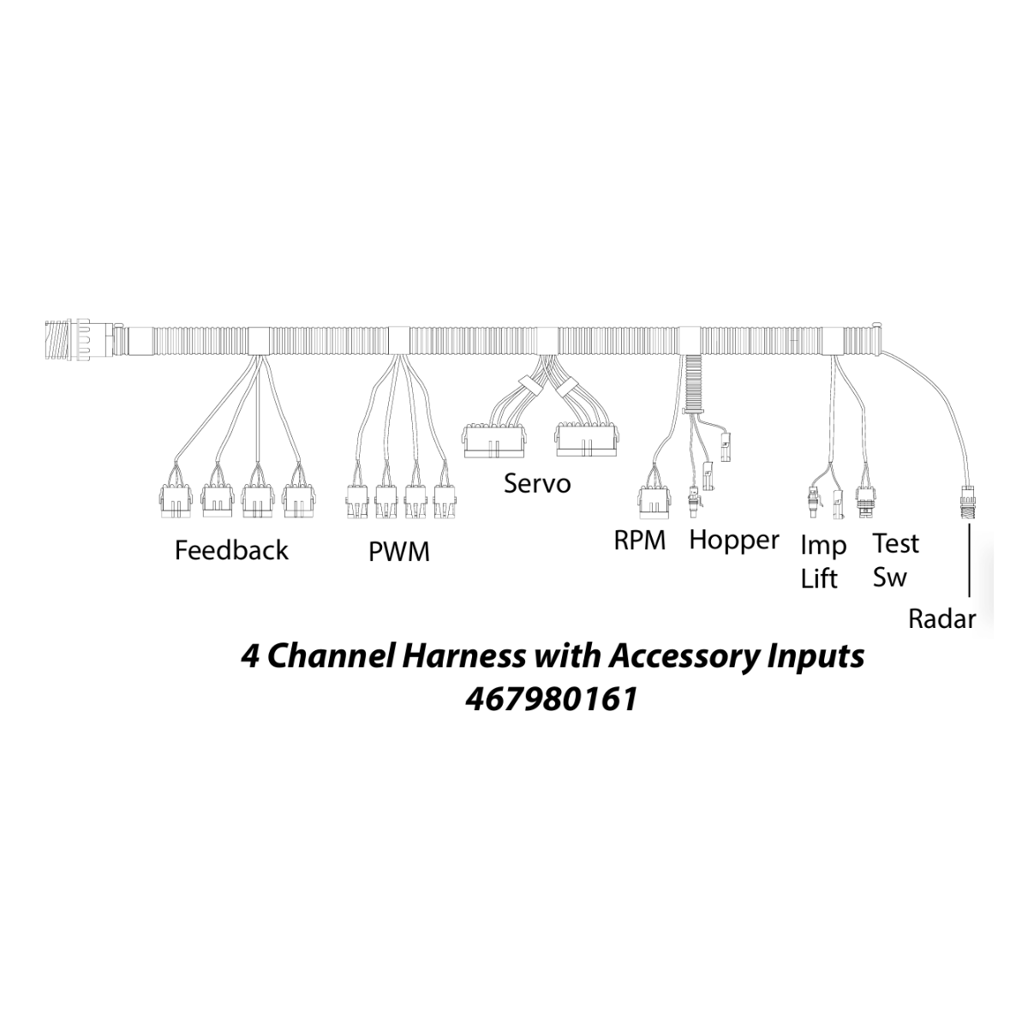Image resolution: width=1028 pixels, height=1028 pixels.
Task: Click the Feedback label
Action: point(231,550)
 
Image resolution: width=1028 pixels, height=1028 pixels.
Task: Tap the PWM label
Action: point(398,552)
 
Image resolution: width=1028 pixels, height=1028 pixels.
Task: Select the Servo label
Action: point(537,483)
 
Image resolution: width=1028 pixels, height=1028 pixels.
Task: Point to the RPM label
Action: point(639,541)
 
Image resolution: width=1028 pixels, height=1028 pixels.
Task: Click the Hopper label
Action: point(734,540)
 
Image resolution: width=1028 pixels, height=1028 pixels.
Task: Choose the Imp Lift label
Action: point(822,561)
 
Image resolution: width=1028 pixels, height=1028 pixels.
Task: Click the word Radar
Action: point(941,619)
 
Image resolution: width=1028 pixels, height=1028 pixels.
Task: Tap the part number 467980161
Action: point(552,699)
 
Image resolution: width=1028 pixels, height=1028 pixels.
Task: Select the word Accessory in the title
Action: point(675,657)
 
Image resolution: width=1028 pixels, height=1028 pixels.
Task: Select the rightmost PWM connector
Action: point(444,499)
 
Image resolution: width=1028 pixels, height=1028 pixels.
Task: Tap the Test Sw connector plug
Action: point(865,498)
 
